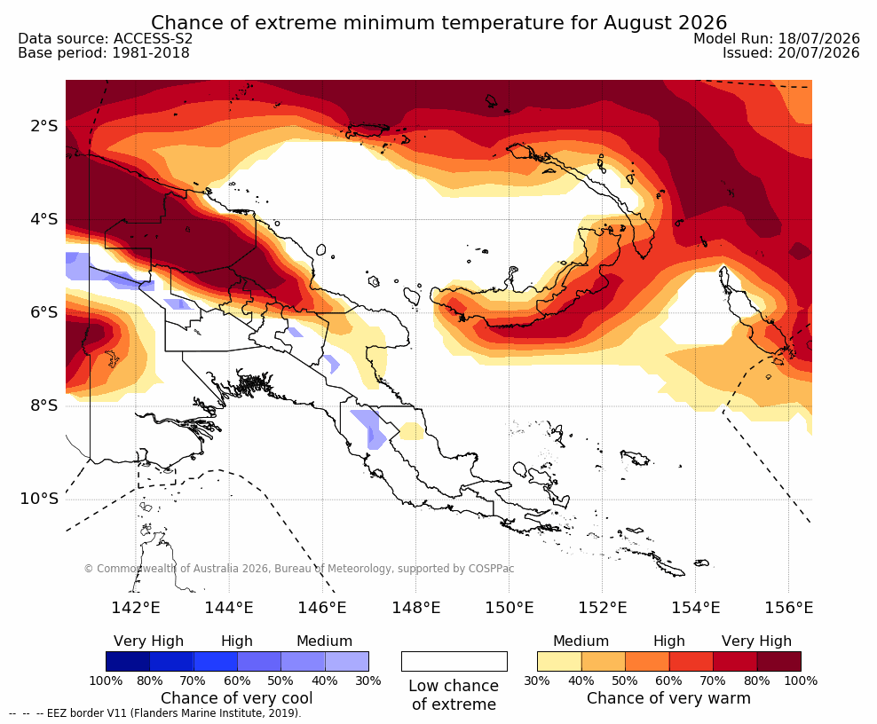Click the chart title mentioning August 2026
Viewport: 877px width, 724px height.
(438, 23)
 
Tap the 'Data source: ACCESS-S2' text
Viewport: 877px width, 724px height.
(105, 38)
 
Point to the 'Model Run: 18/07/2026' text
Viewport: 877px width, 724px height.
(777, 38)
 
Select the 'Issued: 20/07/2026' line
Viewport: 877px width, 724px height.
(791, 53)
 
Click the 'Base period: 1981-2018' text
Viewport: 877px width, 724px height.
(104, 53)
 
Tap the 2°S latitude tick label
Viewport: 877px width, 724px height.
(44, 126)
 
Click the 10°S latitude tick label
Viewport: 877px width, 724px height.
(39, 499)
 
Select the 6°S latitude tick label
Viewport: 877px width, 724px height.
(44, 312)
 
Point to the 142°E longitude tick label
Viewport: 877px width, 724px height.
(136, 607)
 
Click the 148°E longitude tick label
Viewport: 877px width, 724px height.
(415, 607)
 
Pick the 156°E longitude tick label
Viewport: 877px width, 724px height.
(788, 607)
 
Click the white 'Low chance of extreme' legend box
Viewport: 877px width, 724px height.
(454, 661)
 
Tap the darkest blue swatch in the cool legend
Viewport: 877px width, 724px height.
(128, 661)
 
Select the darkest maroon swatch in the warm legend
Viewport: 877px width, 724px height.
(779, 661)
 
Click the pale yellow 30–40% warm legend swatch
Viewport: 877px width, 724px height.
(559, 661)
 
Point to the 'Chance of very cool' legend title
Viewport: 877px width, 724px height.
(237, 698)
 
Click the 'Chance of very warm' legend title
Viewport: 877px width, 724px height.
(668, 698)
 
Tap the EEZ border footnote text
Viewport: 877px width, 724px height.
(155, 713)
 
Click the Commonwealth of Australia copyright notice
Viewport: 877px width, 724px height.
(298, 569)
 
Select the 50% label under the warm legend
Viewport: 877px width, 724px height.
(625, 681)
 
